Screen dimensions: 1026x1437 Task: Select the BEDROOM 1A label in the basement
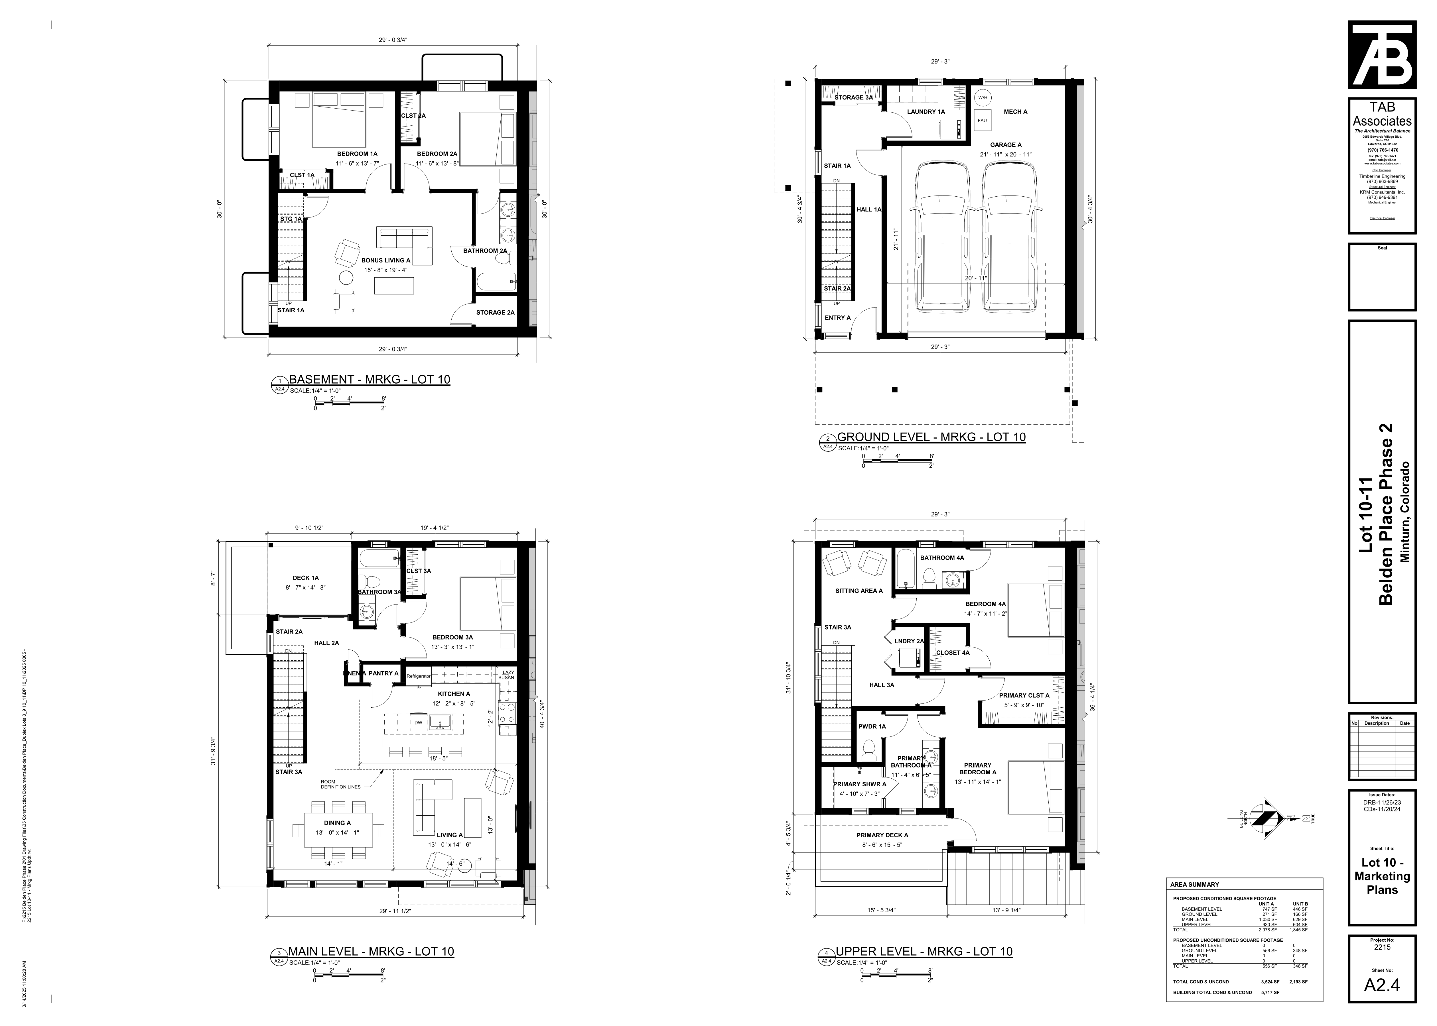357,154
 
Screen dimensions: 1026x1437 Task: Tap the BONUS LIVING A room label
385,260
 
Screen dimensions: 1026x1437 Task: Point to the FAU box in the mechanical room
982,120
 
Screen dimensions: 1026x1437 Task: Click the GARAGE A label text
1005,145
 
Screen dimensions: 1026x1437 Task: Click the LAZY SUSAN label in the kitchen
506,675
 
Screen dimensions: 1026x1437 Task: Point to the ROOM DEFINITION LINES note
341,784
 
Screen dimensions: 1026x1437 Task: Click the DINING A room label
338,823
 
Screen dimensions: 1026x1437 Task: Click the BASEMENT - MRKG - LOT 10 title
369,380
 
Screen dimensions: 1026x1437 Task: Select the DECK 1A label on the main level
305,577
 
